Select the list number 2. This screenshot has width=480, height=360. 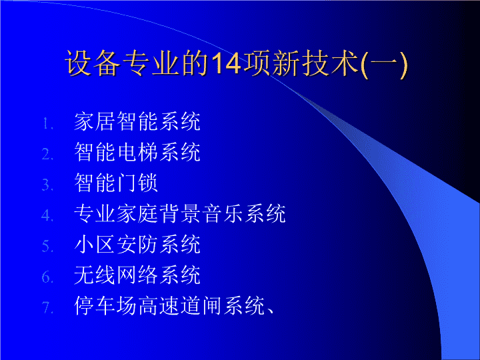click(x=47, y=154)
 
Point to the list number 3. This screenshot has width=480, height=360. click(x=47, y=185)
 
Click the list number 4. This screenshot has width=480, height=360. click(x=47, y=215)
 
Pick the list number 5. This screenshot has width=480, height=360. click(x=47, y=246)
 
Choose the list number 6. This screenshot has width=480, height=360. click(x=47, y=277)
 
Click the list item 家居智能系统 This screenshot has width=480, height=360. click(x=137, y=121)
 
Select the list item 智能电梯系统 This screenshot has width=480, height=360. click(x=137, y=152)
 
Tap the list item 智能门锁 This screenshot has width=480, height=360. click(x=116, y=183)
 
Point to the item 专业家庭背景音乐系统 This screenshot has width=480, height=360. click(x=180, y=213)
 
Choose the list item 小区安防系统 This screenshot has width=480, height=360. click(x=137, y=244)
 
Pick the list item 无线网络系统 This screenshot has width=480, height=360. click(x=137, y=275)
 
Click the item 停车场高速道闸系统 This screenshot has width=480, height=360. click(x=169, y=305)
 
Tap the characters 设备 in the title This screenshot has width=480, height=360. click(x=92, y=63)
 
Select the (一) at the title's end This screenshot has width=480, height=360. click(x=385, y=64)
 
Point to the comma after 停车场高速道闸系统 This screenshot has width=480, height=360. click(x=270, y=311)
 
